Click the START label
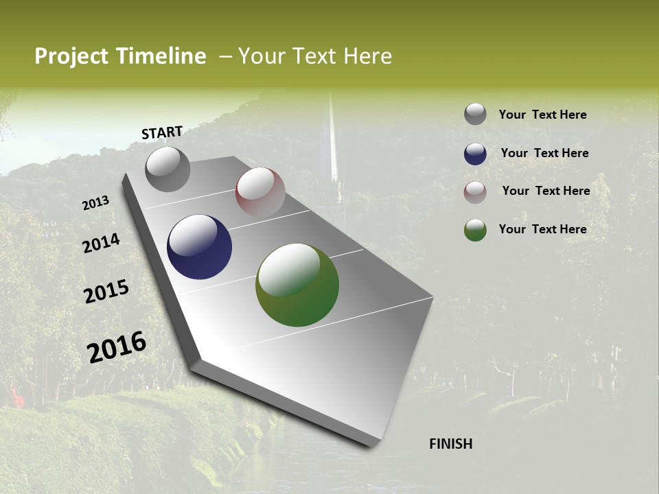(x=162, y=132)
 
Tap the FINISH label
(x=450, y=444)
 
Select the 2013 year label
(x=96, y=203)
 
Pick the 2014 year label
(x=102, y=243)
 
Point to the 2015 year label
(x=106, y=292)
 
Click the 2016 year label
(x=117, y=347)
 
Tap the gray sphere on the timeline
(x=167, y=169)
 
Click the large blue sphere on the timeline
(x=199, y=247)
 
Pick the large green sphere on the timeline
(x=297, y=285)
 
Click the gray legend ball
(x=475, y=114)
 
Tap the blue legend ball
(x=475, y=154)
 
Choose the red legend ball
(x=475, y=192)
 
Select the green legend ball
(x=475, y=230)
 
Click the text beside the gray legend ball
(x=542, y=115)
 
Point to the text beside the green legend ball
(x=542, y=229)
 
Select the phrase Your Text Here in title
(x=315, y=56)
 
